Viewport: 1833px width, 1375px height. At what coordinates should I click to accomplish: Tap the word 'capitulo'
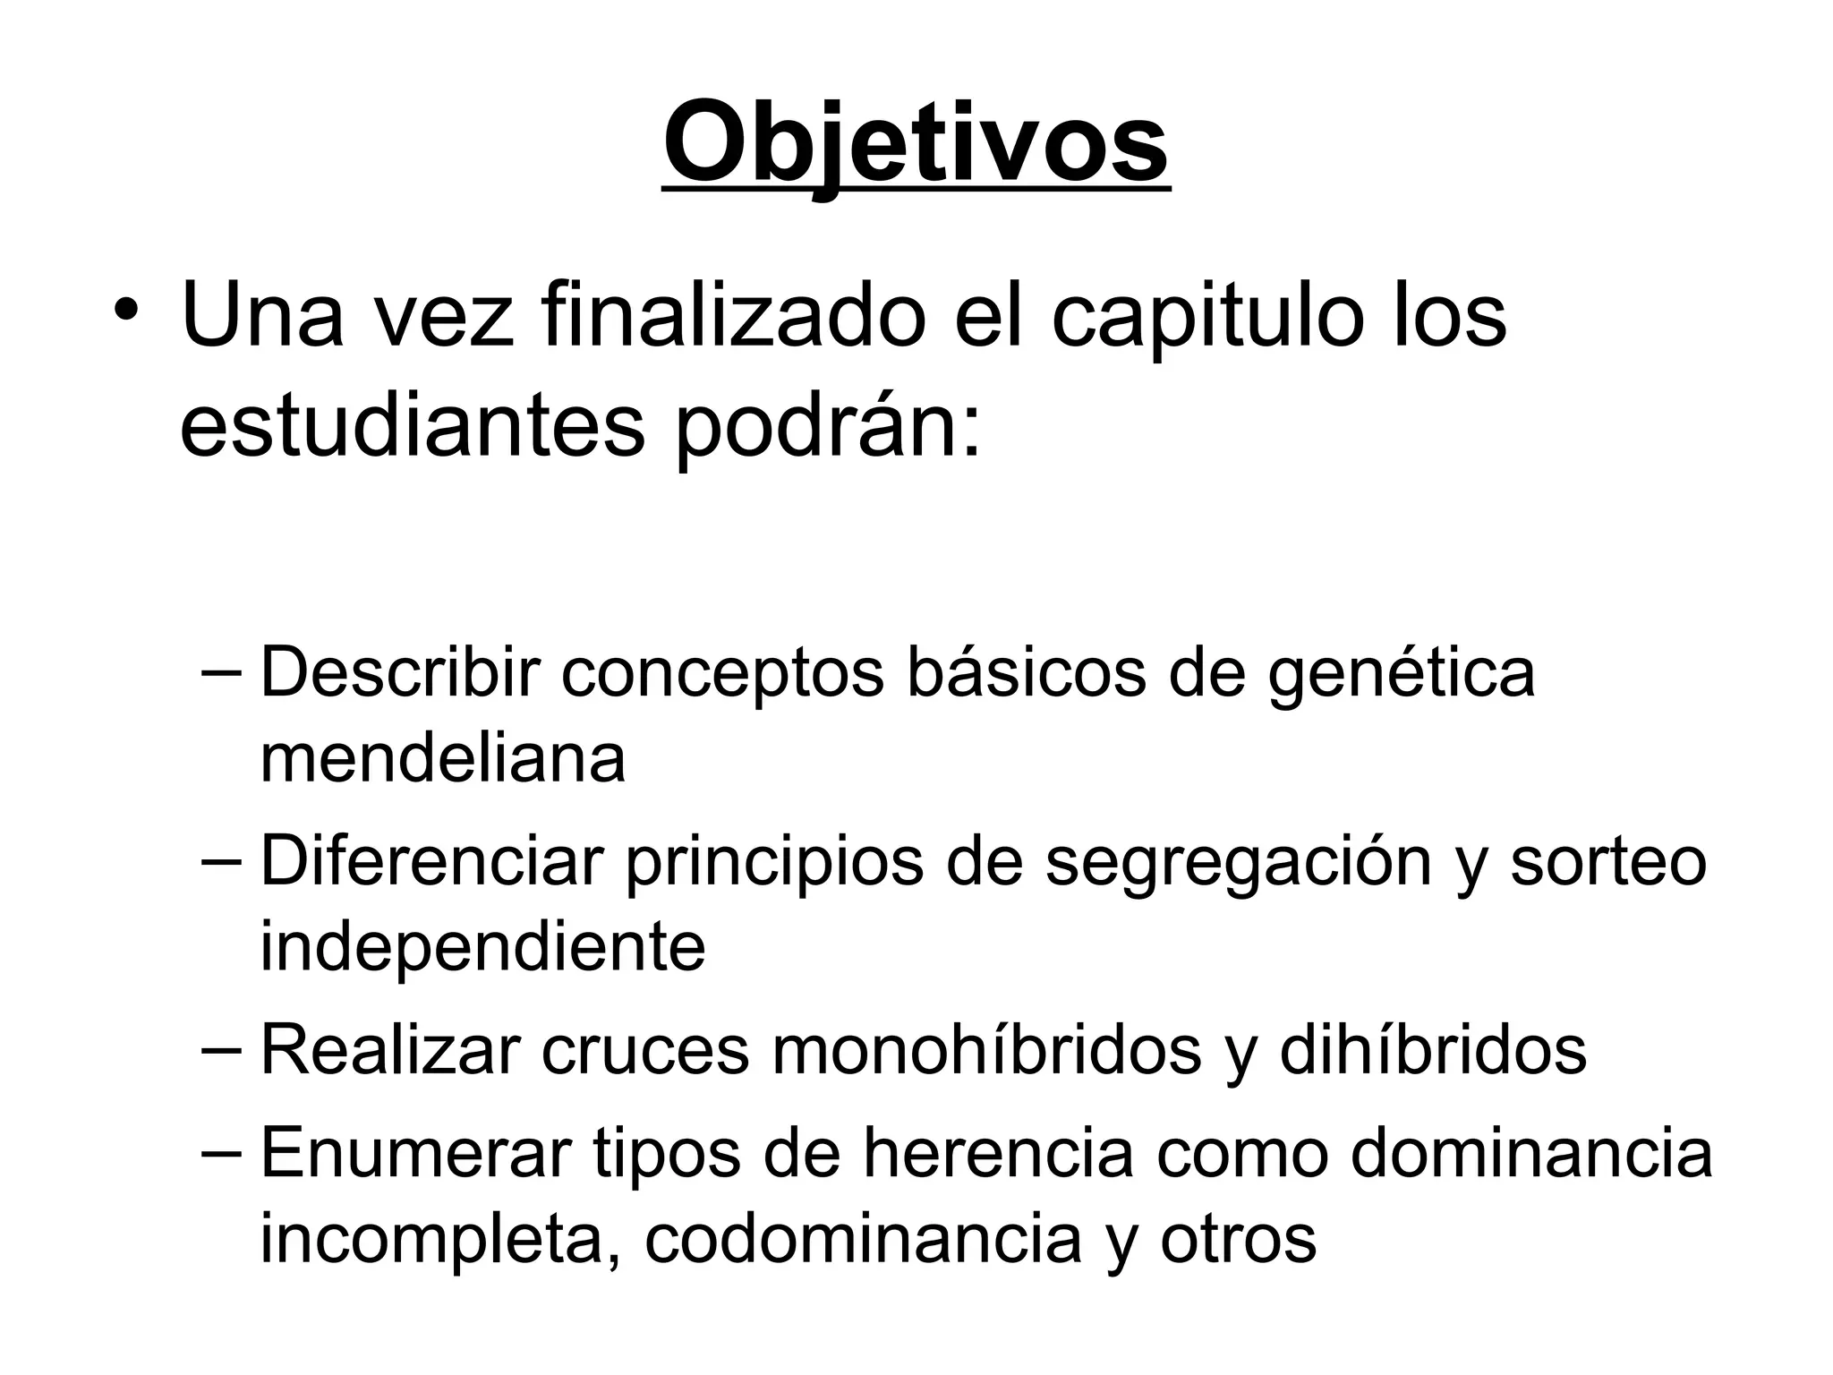pyautogui.click(x=1204, y=319)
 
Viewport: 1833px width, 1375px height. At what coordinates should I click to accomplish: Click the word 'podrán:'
pyautogui.click(x=827, y=428)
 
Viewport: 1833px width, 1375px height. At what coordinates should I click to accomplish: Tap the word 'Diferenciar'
pyautogui.click(x=431, y=862)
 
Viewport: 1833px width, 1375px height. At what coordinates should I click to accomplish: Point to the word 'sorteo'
pyautogui.click(x=1608, y=862)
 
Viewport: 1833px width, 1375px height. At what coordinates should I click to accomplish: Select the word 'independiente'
pyautogui.click(x=482, y=947)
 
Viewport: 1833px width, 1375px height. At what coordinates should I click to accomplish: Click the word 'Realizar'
pyautogui.click(x=390, y=1050)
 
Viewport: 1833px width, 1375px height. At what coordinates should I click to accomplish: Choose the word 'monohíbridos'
pyautogui.click(x=986, y=1050)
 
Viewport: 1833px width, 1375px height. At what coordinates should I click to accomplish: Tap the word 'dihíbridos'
pyautogui.click(x=1433, y=1050)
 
